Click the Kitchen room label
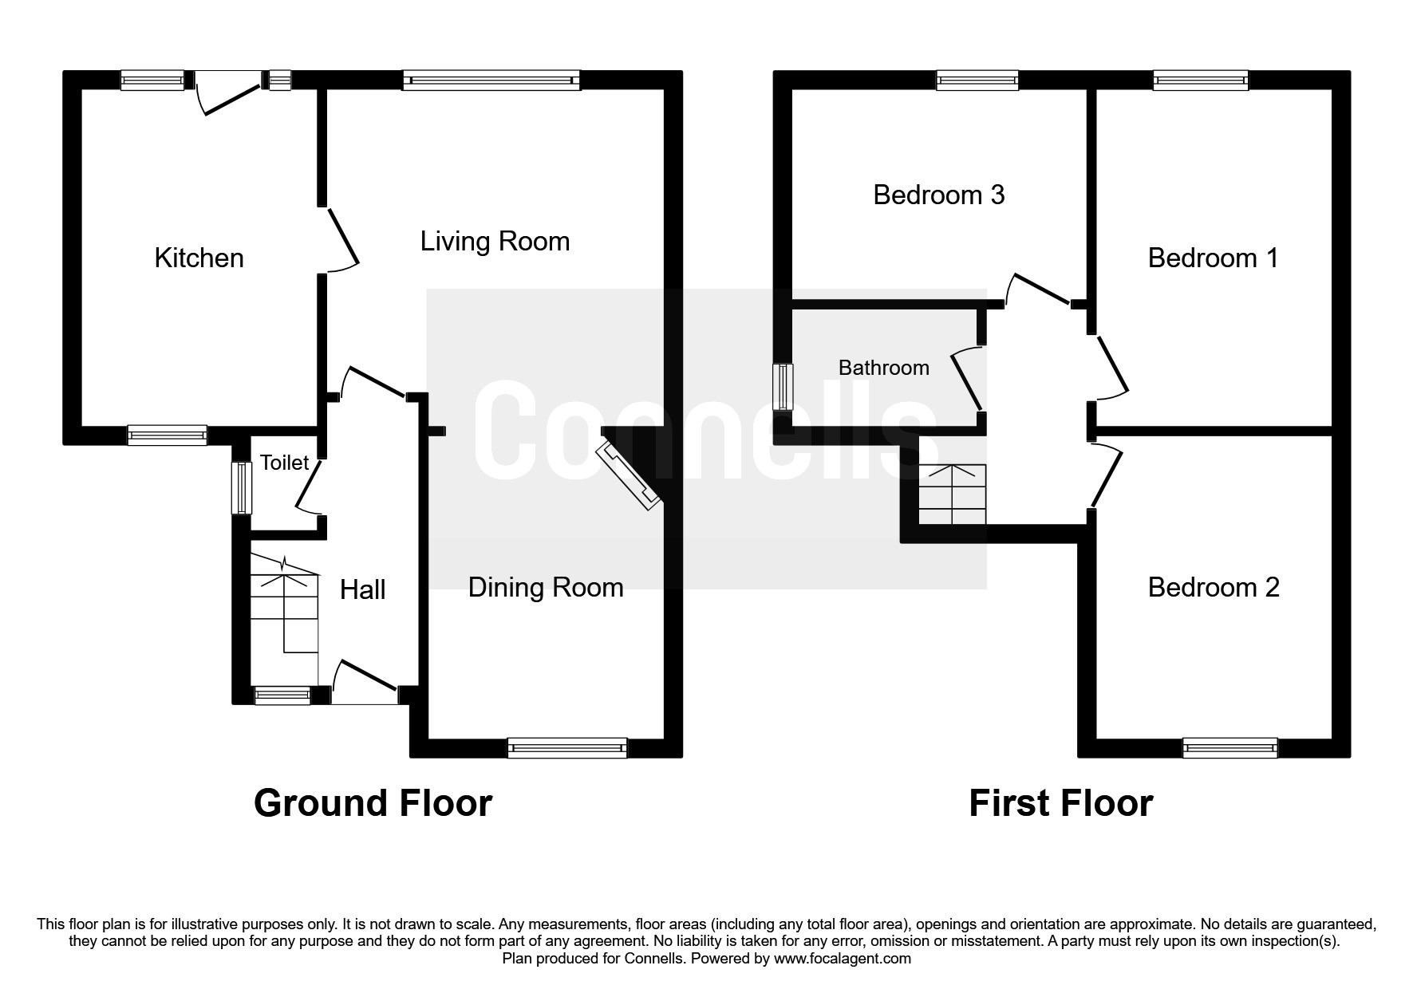(199, 258)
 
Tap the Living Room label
(495, 241)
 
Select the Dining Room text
(545, 587)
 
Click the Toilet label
(284, 463)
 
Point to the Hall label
(362, 589)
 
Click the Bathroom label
(883, 368)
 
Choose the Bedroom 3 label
(938, 195)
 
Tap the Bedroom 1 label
(1213, 258)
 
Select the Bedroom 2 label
(1213, 587)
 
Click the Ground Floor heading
(373, 803)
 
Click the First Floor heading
(1060, 803)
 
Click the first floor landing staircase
(953, 494)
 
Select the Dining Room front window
(567, 748)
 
